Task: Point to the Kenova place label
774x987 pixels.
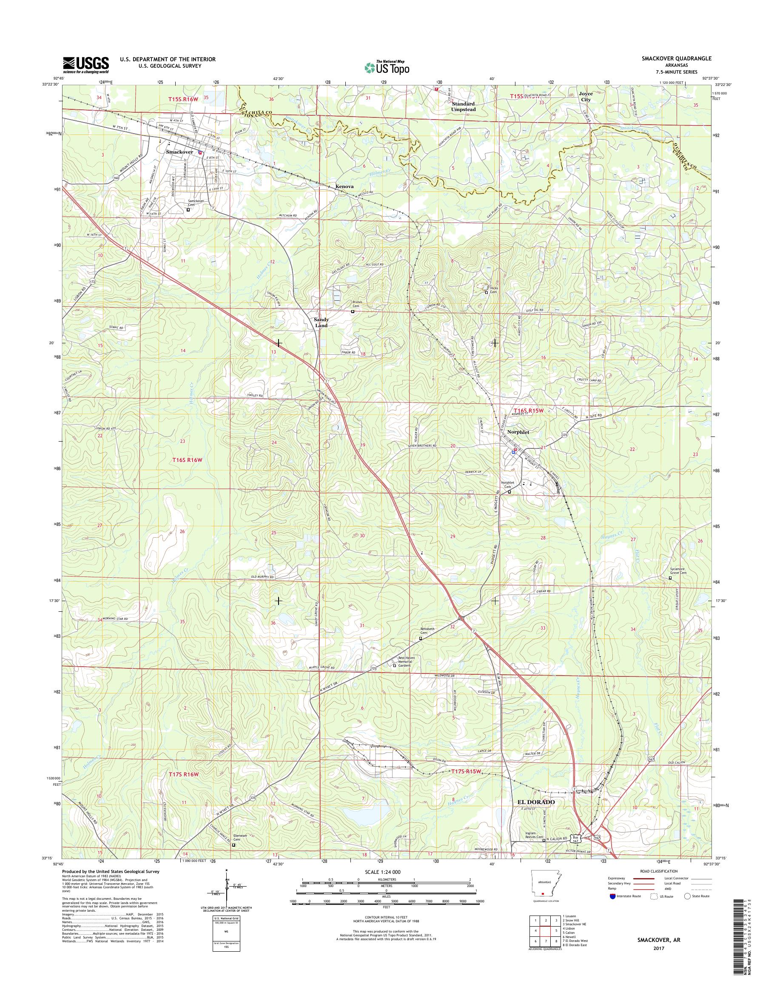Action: (344, 186)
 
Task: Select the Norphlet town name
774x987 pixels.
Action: (518, 433)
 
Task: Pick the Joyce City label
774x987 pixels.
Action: (586, 96)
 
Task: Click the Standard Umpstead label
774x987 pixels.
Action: (463, 106)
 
